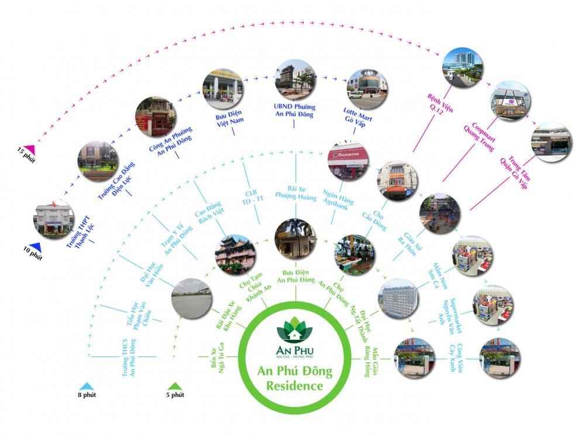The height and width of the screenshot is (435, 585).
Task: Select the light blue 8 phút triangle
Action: (x=87, y=386)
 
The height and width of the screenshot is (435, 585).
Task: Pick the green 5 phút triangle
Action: (x=174, y=386)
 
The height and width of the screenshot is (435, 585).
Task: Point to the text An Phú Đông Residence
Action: (x=294, y=378)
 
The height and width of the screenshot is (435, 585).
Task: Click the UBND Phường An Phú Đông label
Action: (x=295, y=111)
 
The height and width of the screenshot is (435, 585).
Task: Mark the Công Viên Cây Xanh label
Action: (x=465, y=358)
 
